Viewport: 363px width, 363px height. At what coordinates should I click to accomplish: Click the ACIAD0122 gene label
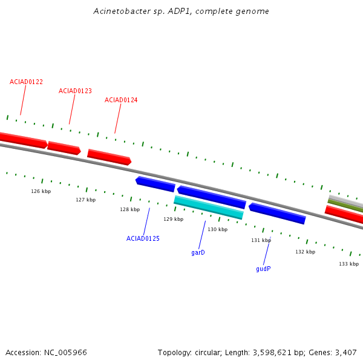26,82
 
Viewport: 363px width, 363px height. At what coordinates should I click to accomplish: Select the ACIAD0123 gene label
75,91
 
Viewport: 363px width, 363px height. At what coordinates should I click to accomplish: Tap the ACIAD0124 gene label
121,100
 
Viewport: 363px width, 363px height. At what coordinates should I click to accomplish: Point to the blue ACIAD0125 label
143,238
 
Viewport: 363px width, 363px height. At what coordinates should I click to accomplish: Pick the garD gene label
198,252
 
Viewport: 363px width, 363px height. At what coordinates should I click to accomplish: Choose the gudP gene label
263,269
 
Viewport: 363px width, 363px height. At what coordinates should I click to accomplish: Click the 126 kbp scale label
41,191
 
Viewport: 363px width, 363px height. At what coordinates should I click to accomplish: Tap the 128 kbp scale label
130,209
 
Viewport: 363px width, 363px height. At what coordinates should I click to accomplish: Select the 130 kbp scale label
218,229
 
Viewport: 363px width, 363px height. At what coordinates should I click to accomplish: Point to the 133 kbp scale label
349,264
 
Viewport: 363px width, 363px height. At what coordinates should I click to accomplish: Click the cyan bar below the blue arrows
209,208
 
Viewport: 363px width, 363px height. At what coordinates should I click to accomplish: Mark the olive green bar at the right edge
345,206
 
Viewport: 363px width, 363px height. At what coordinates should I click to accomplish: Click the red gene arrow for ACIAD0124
110,157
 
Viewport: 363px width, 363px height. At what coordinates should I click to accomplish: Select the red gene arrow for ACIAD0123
64,148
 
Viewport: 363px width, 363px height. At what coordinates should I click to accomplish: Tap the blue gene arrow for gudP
277,214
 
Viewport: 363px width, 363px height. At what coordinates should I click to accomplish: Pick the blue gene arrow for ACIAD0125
155,184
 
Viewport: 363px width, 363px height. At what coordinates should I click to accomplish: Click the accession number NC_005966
65,353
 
